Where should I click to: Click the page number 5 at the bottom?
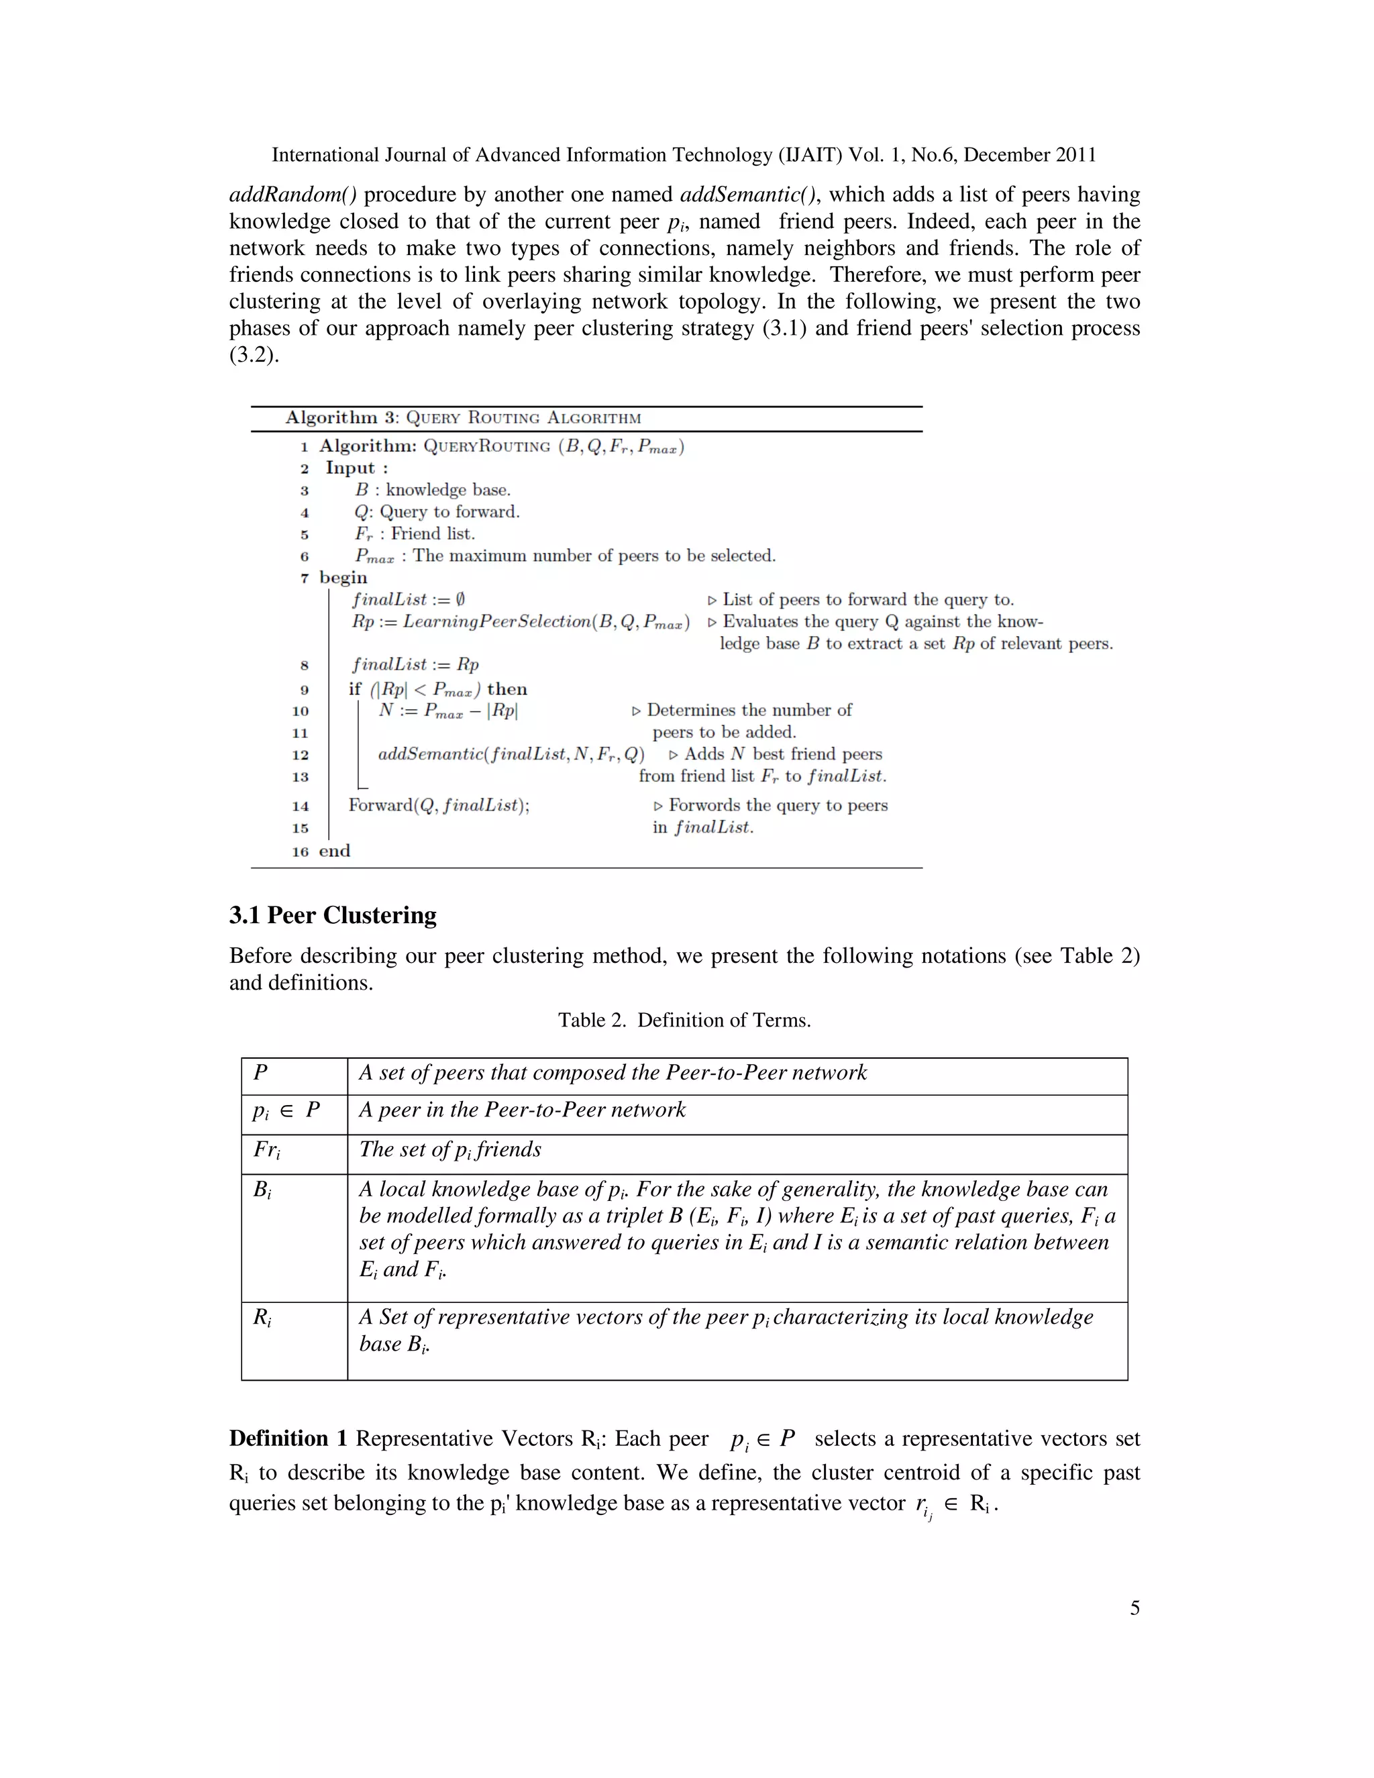pyautogui.click(x=1134, y=1607)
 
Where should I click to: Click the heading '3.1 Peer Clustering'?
pyautogui.click(x=332, y=915)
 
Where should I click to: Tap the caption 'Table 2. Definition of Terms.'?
pyautogui.click(x=684, y=1020)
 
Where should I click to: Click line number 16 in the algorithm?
pyautogui.click(x=301, y=851)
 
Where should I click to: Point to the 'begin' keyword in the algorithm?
pyautogui.click(x=343, y=577)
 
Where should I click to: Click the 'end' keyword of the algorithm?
pyautogui.click(x=335, y=851)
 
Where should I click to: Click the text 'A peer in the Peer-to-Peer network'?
pyautogui.click(x=523, y=1110)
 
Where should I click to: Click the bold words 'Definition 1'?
pyautogui.click(x=288, y=1439)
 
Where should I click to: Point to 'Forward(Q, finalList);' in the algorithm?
pyautogui.click(x=439, y=805)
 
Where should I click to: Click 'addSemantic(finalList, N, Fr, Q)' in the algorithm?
pyautogui.click(x=511, y=754)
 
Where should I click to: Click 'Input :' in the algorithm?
pyautogui.click(x=356, y=468)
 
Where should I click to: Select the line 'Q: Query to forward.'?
pyautogui.click(x=437, y=512)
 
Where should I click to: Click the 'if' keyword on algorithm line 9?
pyautogui.click(x=355, y=689)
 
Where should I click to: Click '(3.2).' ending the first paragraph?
pyautogui.click(x=254, y=355)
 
